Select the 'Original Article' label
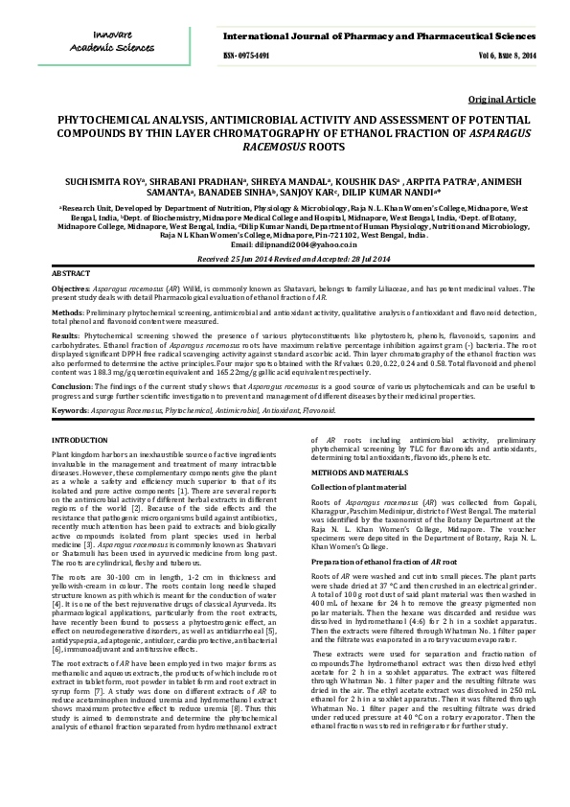[502, 100]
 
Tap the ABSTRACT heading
[70, 274]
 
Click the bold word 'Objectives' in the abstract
[71, 288]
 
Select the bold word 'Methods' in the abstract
[67, 311]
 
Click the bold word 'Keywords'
[70, 410]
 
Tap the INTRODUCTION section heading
[80, 438]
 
